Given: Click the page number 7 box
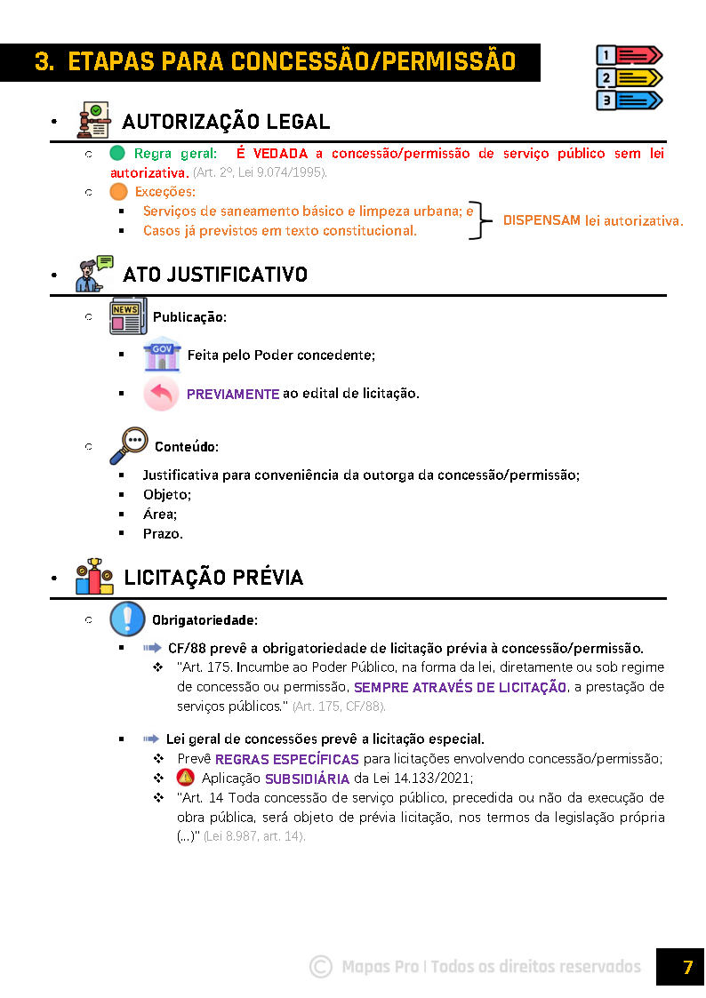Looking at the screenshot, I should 681,967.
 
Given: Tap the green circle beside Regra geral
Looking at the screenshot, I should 117,153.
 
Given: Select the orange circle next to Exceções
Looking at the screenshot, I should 118,191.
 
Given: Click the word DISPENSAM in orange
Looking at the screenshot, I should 542,220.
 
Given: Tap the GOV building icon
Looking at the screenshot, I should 162,354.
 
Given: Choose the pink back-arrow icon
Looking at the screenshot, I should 161,393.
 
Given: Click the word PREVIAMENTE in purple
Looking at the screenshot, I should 233,394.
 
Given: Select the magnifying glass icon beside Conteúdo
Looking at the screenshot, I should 130,445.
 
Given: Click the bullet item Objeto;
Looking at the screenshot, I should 167,495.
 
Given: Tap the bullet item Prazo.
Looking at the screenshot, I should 163,534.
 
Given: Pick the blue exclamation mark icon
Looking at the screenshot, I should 127,619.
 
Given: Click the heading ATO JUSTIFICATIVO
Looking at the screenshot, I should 215,275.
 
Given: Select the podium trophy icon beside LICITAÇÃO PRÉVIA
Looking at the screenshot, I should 94,577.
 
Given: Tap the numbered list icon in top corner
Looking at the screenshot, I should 629,77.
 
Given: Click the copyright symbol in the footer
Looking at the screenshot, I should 320,967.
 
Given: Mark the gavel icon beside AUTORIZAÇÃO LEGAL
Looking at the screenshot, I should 92,121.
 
